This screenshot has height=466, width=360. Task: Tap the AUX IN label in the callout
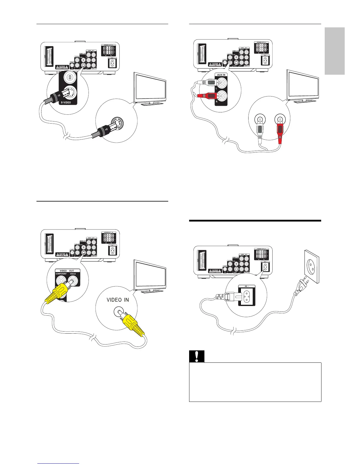point(221,75)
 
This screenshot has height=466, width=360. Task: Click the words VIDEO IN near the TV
point(118,300)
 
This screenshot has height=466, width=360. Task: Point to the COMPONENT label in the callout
point(61,274)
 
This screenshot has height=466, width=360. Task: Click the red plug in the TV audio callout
point(280,131)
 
